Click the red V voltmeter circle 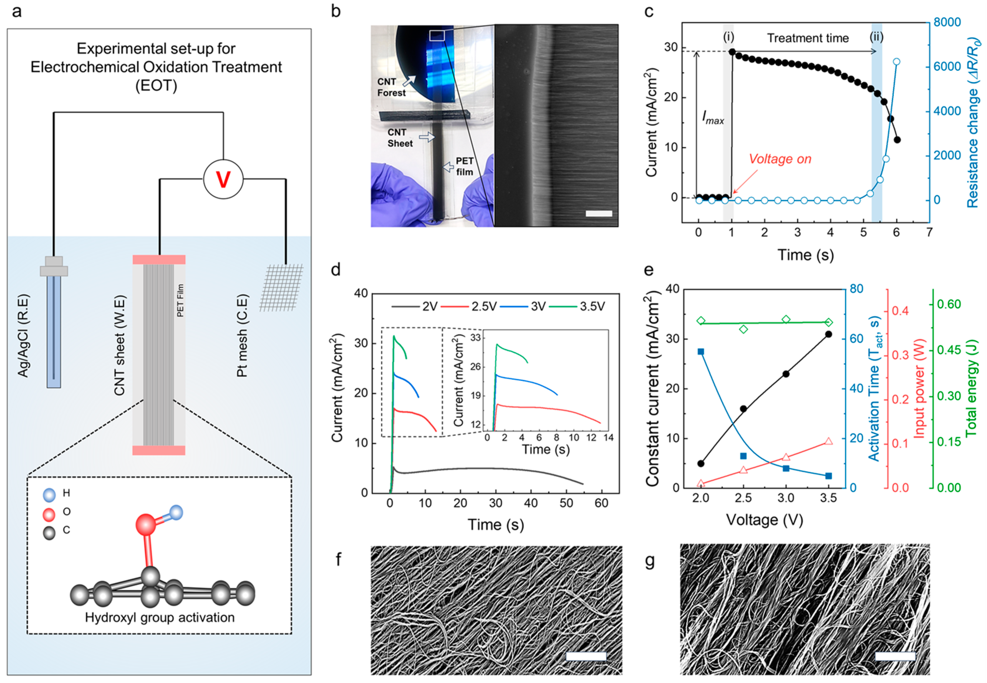click(x=223, y=179)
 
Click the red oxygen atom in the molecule click(x=146, y=525)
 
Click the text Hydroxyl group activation click(x=160, y=617)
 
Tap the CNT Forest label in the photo click(x=391, y=87)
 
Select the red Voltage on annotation click(x=780, y=159)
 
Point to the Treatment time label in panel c click(x=807, y=38)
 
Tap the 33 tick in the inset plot click(x=475, y=338)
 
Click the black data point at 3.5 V click(x=828, y=334)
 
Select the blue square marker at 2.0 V click(x=701, y=352)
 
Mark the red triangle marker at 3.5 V click(x=828, y=441)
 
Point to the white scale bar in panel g click(x=895, y=656)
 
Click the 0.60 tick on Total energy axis click(x=949, y=304)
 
